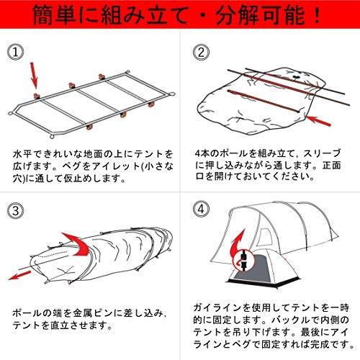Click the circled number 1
coord(15,52)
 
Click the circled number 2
coord(201,52)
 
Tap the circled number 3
coord(15,211)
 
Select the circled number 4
coord(201,209)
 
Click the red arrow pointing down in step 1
coord(34,75)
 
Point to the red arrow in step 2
coord(318,120)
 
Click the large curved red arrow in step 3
coord(77,243)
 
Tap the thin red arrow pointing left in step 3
coord(20,275)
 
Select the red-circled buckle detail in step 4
coord(243,260)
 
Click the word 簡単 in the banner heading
coord(55,15)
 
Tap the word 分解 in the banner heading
coord(237,15)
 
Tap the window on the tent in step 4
coord(265,235)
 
